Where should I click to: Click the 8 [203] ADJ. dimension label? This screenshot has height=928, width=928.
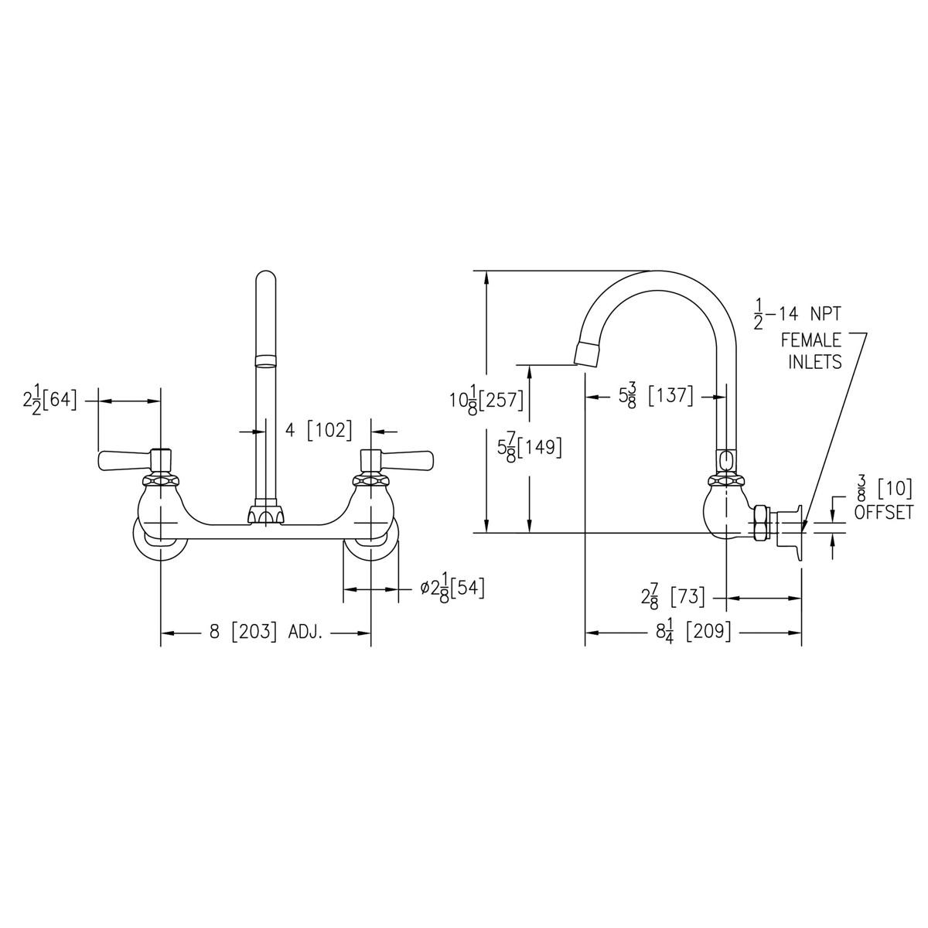[265, 633]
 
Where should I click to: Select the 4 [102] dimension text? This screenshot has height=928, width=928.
[319, 430]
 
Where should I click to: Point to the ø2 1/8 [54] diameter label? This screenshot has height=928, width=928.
[452, 589]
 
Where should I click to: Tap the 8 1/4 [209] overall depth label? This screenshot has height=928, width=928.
[693, 633]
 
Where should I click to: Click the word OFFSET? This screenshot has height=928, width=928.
[884, 512]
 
